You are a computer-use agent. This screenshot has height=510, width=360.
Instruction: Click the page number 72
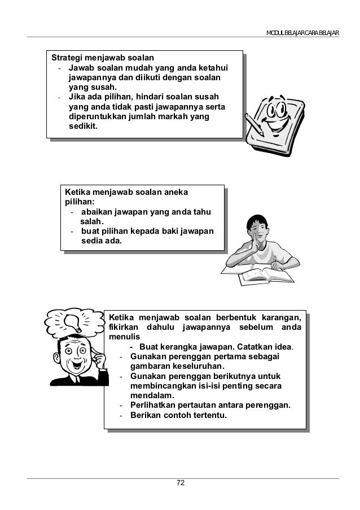pos(181,483)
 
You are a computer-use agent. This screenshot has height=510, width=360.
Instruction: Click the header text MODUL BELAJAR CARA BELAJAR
pos(302,32)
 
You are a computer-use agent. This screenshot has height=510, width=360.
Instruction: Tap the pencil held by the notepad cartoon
pos(254,125)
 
